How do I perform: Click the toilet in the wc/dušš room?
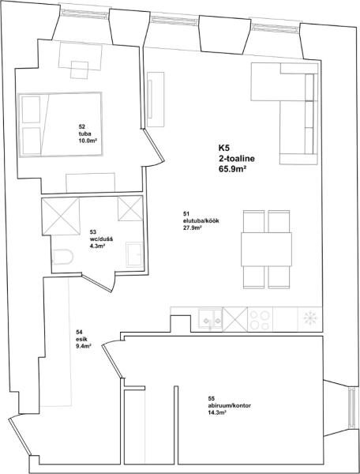pyautogui.click(x=63, y=257)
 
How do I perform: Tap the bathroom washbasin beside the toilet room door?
pyautogui.click(x=134, y=254)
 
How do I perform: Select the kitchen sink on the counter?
pyautogui.click(x=211, y=320)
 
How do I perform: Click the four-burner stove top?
pyautogui.click(x=260, y=320)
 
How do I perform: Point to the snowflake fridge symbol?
pyautogui.click(x=309, y=319)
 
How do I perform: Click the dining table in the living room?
pyautogui.click(x=266, y=249)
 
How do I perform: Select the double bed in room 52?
pyautogui.click(x=61, y=124)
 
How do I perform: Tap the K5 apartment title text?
pyautogui.click(x=224, y=149)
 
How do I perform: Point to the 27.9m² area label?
pyautogui.click(x=189, y=228)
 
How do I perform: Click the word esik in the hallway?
pyautogui.click(x=81, y=339)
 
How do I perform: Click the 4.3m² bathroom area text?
pyautogui.click(x=97, y=246)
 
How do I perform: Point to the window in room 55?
pyautogui.click(x=352, y=408)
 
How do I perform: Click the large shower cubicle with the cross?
pyautogui.click(x=61, y=216)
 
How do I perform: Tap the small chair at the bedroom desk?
pyautogui.click(x=80, y=70)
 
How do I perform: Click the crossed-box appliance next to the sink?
pyautogui.click(x=235, y=319)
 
